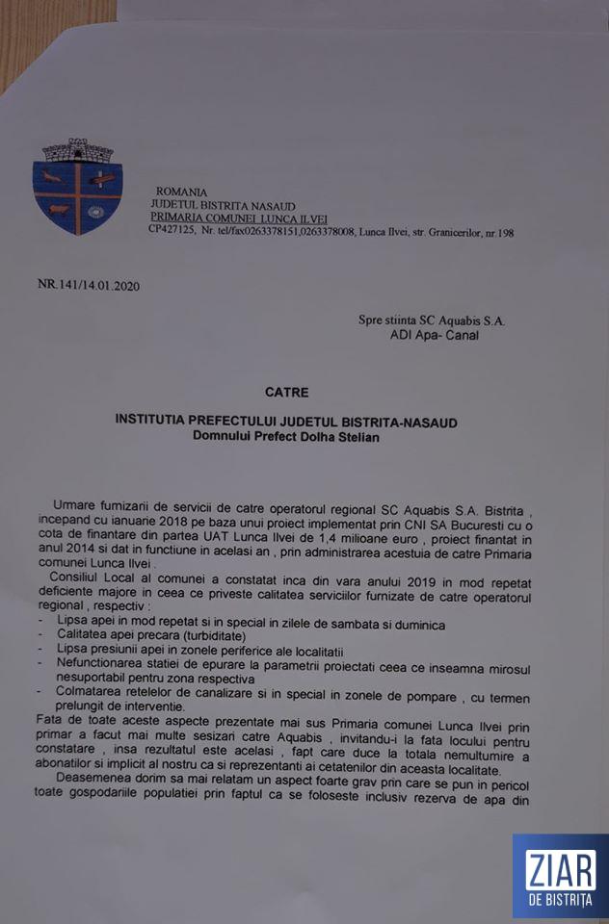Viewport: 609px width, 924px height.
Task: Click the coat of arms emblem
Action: point(78,185)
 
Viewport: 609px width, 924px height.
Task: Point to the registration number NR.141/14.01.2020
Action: point(94,285)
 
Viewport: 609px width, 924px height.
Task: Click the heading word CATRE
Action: point(287,393)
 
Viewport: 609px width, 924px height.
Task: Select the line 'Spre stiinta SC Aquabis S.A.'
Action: point(431,321)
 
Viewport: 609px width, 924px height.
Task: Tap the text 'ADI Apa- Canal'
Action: point(434,335)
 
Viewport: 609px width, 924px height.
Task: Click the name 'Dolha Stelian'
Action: point(337,438)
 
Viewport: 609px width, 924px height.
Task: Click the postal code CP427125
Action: point(172,232)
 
